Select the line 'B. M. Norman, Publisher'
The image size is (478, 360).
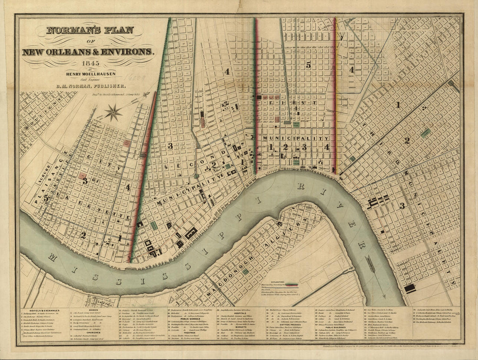click(88, 86)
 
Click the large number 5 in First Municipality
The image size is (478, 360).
click(309, 65)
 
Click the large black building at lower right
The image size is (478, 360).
click(410, 288)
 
